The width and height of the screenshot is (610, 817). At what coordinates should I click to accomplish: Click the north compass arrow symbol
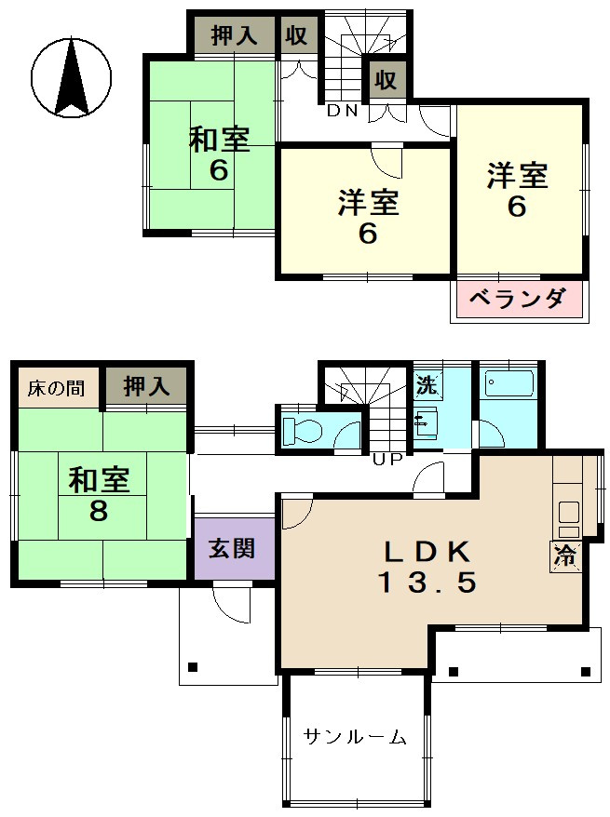coord(72,77)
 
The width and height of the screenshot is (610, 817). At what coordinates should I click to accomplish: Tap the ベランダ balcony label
coord(518,299)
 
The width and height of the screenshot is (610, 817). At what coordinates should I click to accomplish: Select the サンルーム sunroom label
coord(355,737)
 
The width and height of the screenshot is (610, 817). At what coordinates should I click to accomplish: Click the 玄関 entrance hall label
coord(232,548)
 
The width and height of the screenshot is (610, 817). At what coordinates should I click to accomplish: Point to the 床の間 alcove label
coord(56,388)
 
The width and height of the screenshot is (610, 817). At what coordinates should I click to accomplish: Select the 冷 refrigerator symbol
coord(564,556)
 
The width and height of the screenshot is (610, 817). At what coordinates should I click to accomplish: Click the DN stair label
coord(342,111)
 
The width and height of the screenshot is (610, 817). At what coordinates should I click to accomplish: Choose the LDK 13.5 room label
coord(427,567)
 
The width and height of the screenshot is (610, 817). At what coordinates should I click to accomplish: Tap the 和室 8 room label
coord(99,494)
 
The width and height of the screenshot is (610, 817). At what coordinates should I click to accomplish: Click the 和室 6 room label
coord(219,154)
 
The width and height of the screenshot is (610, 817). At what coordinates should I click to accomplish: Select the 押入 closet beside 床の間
coord(146,386)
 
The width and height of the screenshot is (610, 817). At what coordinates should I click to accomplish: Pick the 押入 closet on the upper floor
coord(234,35)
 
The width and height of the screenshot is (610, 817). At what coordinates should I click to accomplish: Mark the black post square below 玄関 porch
coord(193,667)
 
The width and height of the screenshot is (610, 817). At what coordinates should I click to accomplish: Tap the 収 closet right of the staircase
coord(386,80)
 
